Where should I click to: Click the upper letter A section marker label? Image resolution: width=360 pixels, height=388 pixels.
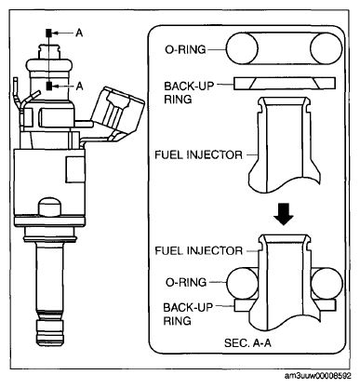[x=79, y=33]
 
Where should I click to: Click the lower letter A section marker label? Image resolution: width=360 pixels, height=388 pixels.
[x=79, y=86]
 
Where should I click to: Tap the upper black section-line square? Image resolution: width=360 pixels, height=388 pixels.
[x=49, y=33]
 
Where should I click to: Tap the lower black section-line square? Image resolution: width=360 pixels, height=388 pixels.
[x=49, y=86]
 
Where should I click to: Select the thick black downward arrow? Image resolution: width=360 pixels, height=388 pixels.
[x=284, y=214]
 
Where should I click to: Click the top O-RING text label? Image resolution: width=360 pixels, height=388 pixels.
[x=185, y=49]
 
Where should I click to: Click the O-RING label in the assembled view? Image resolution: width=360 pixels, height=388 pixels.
[x=186, y=283]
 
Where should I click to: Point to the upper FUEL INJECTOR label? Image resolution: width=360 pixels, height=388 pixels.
[x=198, y=154]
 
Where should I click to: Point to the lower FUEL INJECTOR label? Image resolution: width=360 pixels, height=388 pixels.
[x=198, y=250]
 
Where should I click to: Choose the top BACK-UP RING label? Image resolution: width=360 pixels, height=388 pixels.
[x=189, y=92]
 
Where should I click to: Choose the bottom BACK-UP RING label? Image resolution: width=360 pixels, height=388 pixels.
[x=188, y=314]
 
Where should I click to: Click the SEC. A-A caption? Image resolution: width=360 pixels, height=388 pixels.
[x=247, y=342]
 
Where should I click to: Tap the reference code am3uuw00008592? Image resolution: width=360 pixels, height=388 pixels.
[x=318, y=376]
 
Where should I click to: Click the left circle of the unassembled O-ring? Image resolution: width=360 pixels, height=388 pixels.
[x=242, y=48]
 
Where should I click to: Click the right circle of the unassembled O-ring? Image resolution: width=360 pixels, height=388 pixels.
[x=326, y=48]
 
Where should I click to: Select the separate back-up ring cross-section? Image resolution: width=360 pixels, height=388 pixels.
[x=285, y=84]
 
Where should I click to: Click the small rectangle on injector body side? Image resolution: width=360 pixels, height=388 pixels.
[x=75, y=169]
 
